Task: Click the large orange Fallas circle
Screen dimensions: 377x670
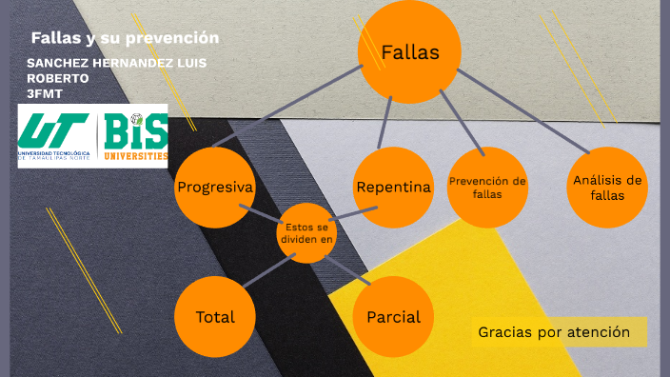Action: click(409, 52)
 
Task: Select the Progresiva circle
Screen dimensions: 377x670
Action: click(215, 188)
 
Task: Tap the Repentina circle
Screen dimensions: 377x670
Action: click(393, 188)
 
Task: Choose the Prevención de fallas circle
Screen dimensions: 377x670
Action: click(487, 188)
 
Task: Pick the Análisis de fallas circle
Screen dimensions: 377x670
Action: click(607, 188)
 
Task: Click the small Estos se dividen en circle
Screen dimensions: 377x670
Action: click(306, 232)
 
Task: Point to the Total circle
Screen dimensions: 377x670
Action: click(215, 317)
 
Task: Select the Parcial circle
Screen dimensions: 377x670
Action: click(393, 317)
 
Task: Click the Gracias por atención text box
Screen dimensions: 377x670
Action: click(554, 332)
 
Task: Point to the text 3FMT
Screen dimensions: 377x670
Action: click(44, 92)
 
